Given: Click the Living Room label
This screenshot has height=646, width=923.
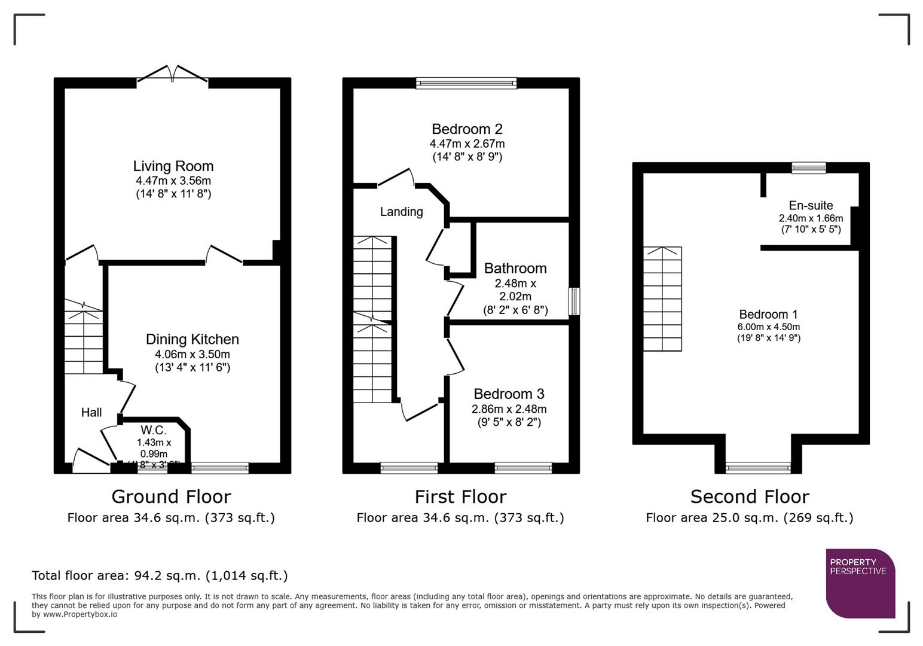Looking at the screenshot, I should click(173, 166).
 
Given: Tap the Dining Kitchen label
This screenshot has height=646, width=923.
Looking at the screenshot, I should click(192, 339).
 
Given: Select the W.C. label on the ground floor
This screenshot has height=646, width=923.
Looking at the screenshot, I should click(154, 430).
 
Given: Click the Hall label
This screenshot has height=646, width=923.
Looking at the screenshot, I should click(91, 412).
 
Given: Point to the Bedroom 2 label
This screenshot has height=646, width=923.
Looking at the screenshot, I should click(467, 129).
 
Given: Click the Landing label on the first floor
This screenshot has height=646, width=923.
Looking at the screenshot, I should click(401, 211).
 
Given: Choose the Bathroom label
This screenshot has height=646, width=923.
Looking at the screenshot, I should click(515, 268).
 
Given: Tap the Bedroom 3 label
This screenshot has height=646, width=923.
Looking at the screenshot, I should click(509, 394).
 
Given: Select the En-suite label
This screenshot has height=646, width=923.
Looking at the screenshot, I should click(811, 205).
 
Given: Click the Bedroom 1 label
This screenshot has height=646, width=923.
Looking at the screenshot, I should click(768, 314).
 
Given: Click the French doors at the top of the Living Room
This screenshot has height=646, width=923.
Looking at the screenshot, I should click(173, 74).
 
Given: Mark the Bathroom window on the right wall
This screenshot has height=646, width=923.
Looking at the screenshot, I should click(574, 301).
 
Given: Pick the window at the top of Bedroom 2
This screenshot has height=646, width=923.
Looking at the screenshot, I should click(466, 83).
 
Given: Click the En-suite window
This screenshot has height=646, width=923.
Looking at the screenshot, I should click(808, 168).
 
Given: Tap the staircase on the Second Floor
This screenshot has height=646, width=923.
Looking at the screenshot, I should click(662, 298).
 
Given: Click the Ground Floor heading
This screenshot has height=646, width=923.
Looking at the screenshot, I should click(171, 496).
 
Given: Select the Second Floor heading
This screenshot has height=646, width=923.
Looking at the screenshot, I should click(750, 496).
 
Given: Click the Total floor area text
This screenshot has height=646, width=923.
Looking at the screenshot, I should click(160, 575).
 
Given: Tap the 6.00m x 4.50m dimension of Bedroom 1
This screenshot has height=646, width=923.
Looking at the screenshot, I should click(768, 327).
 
